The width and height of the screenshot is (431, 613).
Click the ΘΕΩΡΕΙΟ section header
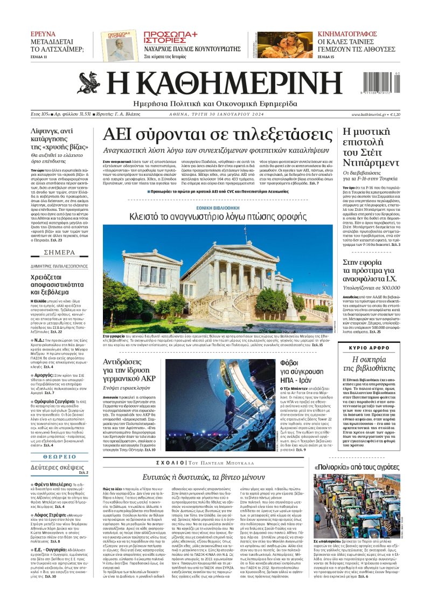(59, 456)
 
